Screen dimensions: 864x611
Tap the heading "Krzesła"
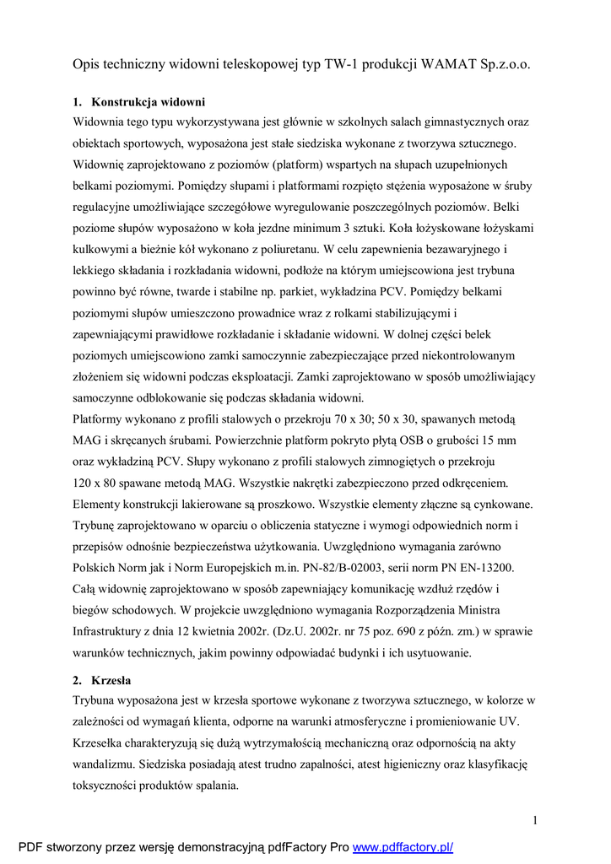coord(111,680)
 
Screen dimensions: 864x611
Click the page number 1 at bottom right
coord(535,820)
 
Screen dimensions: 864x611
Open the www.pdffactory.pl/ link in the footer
coord(403,847)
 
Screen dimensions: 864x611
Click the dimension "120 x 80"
coord(100,483)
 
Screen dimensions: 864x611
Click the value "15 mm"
coord(497,440)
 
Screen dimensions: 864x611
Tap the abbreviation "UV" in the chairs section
coord(511,721)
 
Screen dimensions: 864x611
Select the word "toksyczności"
coord(108,785)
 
